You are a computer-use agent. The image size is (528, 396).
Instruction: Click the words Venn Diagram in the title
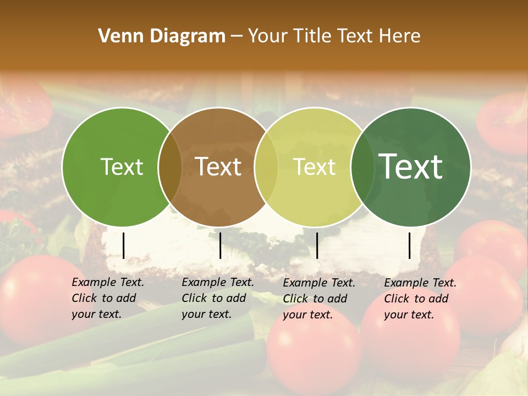pos(162,36)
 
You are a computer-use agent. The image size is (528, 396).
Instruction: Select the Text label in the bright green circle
pos(122,167)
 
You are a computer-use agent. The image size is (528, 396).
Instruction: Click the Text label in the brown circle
pos(218,167)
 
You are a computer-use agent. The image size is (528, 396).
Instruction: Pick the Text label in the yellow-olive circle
pos(315,167)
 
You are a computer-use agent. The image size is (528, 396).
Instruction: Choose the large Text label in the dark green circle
pos(411,166)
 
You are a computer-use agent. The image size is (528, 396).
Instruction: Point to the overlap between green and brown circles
pos(170,167)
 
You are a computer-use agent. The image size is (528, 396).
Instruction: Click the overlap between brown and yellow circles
pos(266,167)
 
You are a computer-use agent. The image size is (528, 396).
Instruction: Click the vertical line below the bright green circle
pos(123,245)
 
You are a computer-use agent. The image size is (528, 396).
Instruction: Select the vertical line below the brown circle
pos(220,245)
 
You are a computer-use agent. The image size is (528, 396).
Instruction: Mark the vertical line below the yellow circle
pos(317,245)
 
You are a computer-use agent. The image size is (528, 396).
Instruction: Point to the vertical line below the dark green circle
pos(410,245)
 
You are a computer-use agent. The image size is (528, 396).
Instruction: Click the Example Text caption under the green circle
pos(108,298)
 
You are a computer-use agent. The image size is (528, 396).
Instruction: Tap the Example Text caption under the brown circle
pos(218,298)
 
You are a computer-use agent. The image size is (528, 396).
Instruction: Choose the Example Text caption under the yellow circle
pos(319,299)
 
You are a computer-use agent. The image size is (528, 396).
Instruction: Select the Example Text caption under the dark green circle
pos(420,299)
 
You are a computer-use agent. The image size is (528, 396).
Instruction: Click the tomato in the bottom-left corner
pos(33,297)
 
